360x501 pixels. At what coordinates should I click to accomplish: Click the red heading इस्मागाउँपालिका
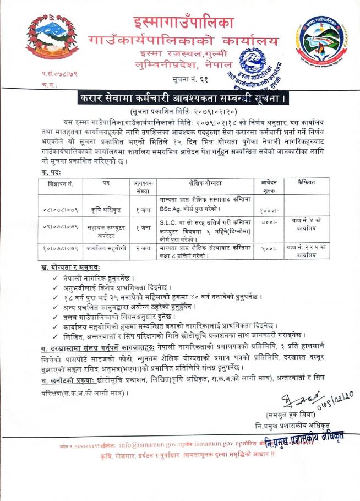pyautogui.click(x=183, y=23)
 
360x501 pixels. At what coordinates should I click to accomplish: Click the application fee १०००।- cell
pyautogui.click(x=269, y=210)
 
